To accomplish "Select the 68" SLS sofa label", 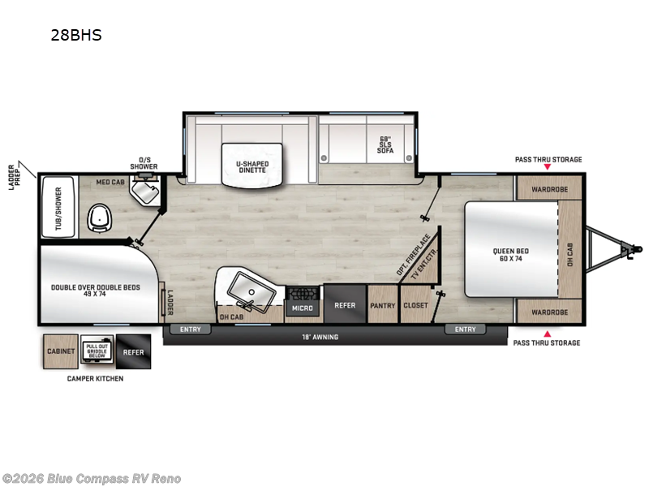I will click(x=385, y=144).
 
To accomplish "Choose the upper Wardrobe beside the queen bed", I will click(x=548, y=192).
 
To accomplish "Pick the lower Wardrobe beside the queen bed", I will click(x=548, y=312).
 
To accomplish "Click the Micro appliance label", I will click(x=303, y=308).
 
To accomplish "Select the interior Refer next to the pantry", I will click(x=345, y=306).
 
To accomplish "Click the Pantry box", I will click(x=382, y=306).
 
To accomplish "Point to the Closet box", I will click(x=415, y=306).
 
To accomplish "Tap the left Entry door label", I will click(x=190, y=330).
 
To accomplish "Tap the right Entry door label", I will click(x=466, y=330).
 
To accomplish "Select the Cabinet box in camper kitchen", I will click(x=60, y=351).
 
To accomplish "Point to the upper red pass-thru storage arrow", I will click(x=547, y=167).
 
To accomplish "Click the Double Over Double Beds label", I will click(x=96, y=291).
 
